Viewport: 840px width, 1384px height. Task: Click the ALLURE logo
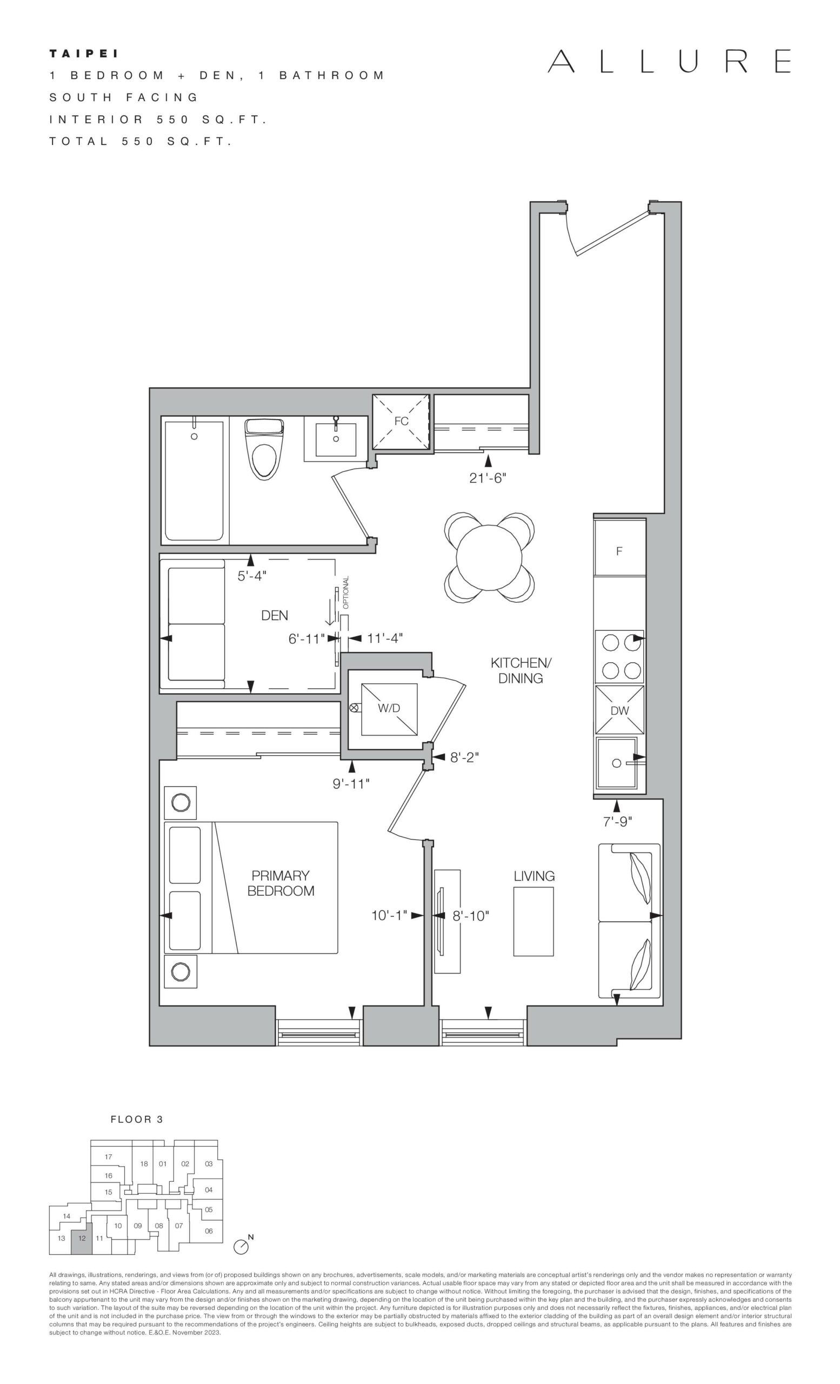669,61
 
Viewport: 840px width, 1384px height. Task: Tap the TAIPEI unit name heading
84,54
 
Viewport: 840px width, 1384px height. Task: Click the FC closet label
401,421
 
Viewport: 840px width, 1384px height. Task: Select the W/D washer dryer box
389,709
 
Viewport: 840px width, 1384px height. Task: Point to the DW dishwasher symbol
620,710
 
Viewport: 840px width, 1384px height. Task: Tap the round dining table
489,558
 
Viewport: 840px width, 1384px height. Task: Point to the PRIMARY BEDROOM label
281,883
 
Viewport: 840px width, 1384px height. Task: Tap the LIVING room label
534,876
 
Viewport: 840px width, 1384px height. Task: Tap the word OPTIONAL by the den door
346,592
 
